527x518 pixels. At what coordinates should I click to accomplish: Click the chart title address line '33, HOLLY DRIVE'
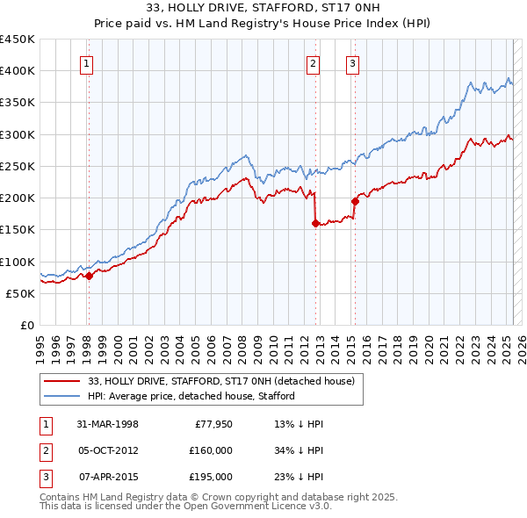pyautogui.click(x=263, y=10)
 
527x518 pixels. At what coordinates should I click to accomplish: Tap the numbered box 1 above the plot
pyautogui.click(x=88, y=62)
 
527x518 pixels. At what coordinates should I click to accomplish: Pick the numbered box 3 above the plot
pyautogui.click(x=351, y=62)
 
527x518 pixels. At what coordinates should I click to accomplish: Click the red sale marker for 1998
pyautogui.click(x=89, y=276)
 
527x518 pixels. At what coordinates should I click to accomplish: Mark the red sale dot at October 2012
pyautogui.click(x=314, y=223)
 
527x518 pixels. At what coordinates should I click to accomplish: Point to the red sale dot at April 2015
pyautogui.click(x=355, y=201)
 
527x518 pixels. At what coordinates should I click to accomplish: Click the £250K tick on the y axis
pyautogui.click(x=18, y=166)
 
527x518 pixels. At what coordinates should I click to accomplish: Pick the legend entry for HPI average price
pyautogui.click(x=190, y=396)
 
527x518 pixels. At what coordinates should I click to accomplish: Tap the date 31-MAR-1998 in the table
pyautogui.click(x=108, y=424)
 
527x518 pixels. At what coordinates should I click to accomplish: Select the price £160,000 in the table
pyautogui.click(x=210, y=450)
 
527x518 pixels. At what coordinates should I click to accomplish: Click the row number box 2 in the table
pyautogui.click(x=45, y=450)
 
